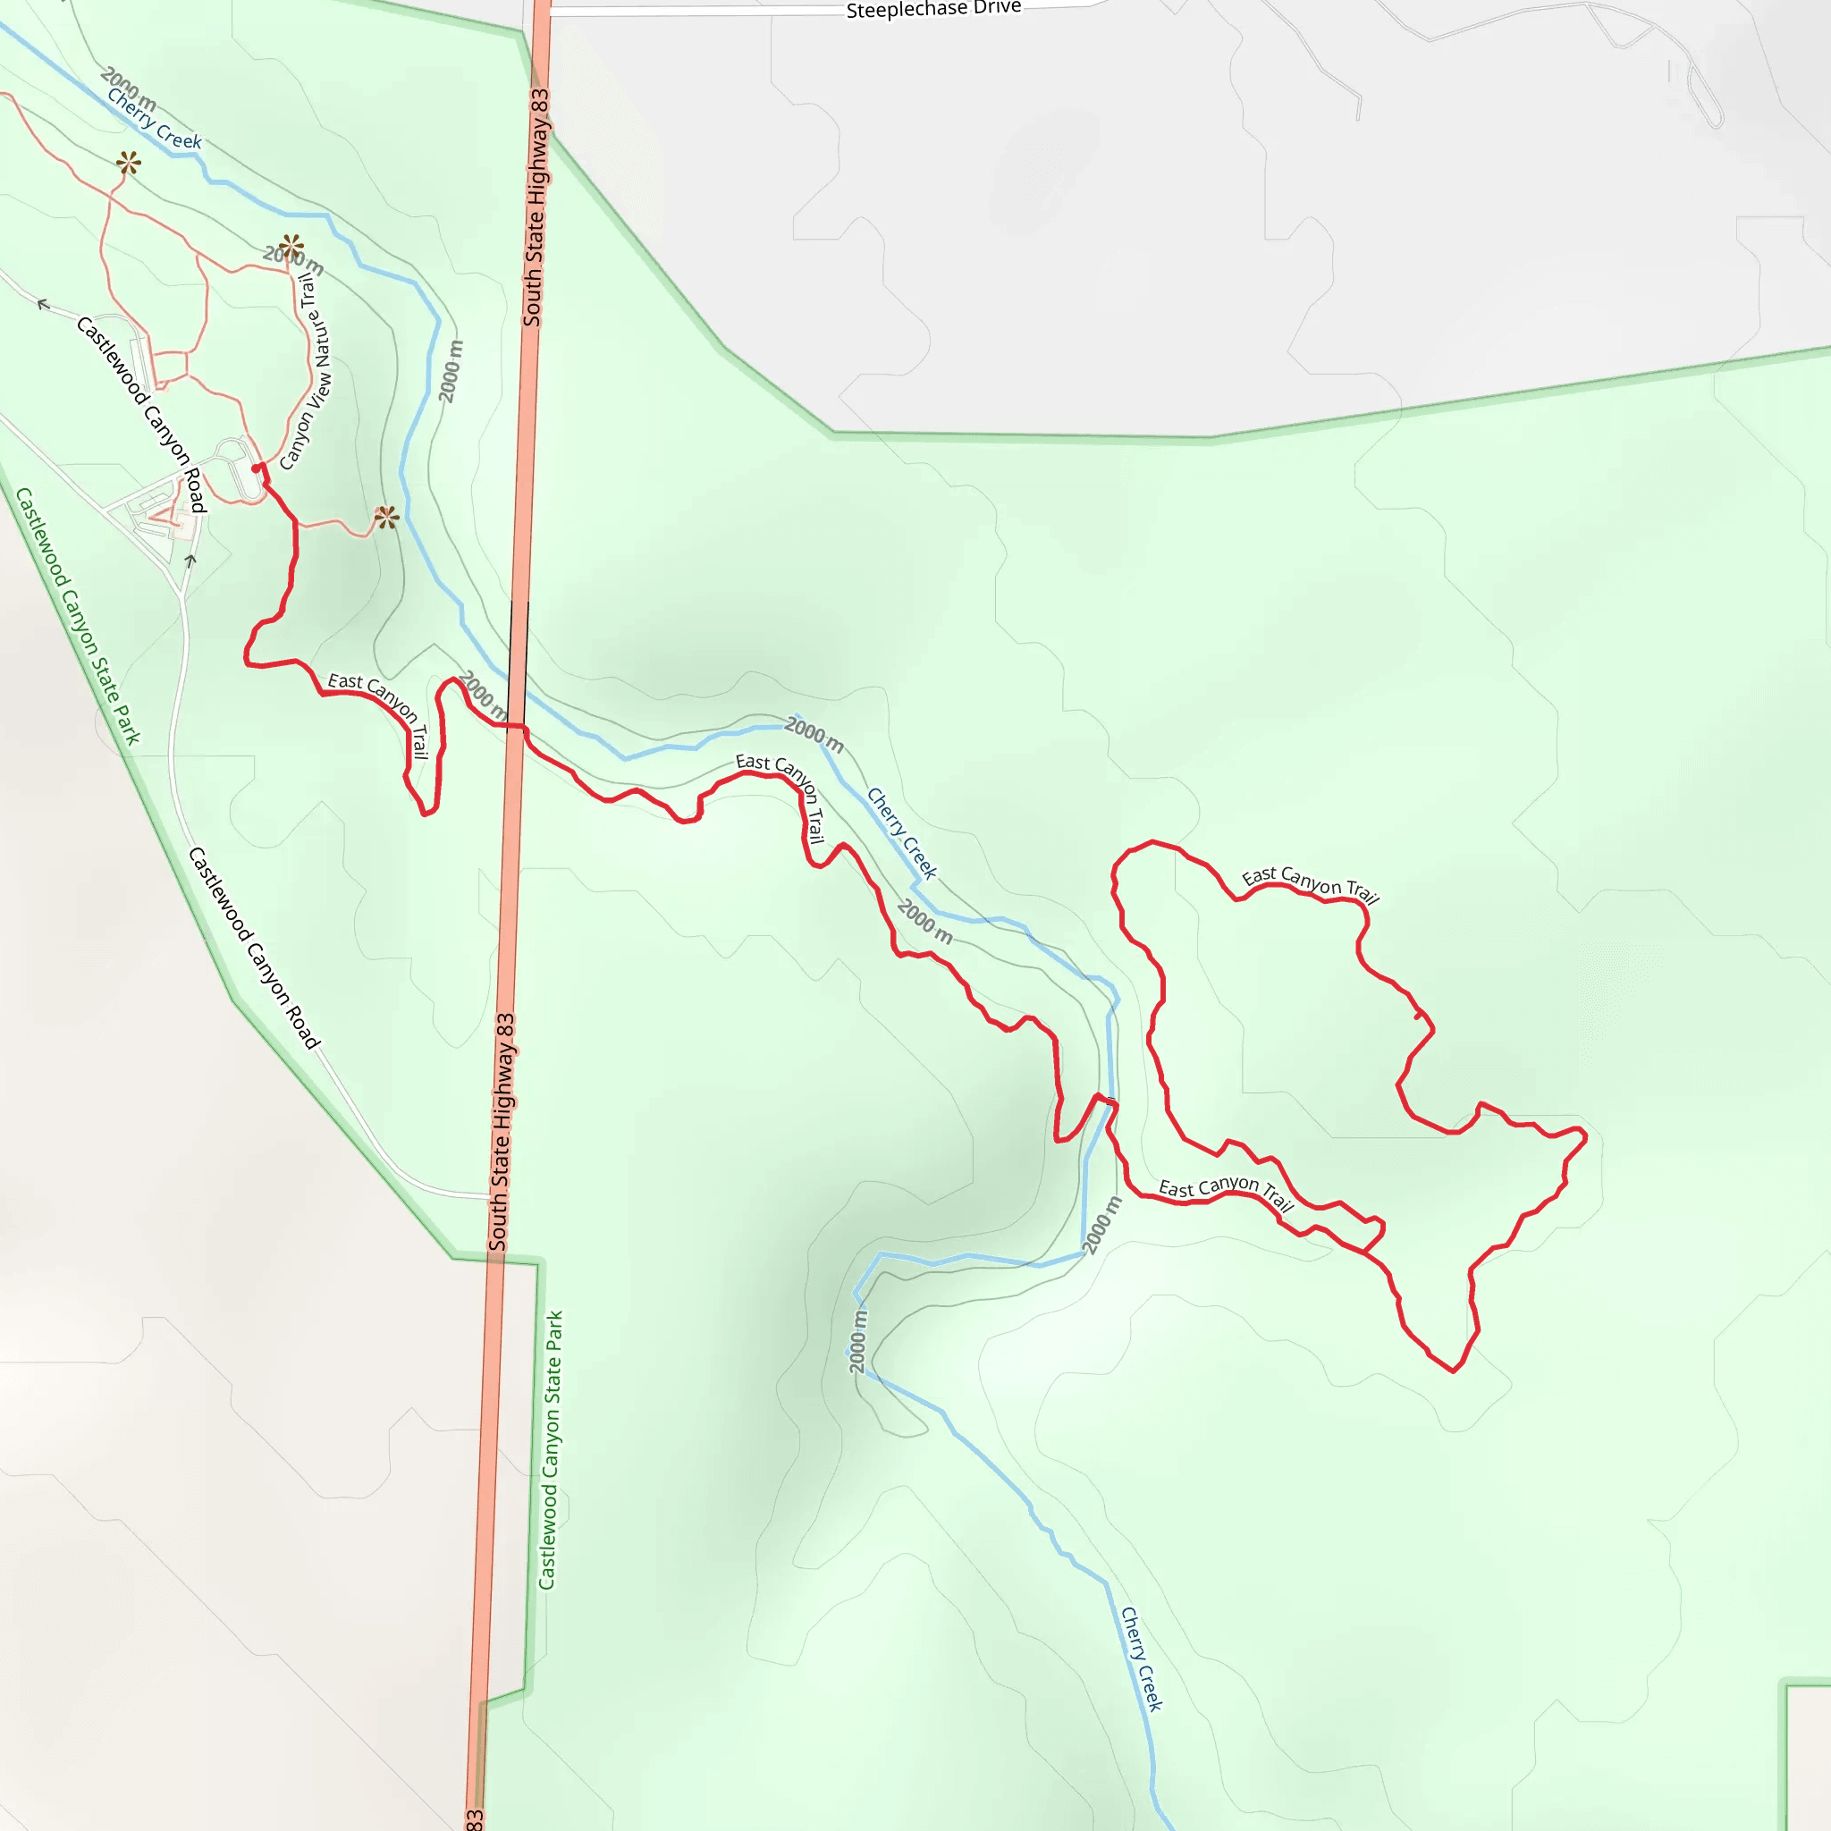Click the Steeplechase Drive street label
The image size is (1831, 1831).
tap(932, 10)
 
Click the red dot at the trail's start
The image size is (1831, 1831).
tap(256, 468)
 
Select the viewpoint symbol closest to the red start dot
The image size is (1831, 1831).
tap(385, 518)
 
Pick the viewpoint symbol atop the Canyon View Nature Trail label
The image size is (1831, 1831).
tap(291, 247)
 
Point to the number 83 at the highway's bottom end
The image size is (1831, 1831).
tap(474, 1818)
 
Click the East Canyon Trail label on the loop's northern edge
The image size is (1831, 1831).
tap(1310, 883)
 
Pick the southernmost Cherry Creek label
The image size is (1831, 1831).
tap(1141, 1658)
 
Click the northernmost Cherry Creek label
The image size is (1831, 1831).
tap(154, 120)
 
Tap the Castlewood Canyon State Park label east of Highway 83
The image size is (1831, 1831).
tap(551, 1450)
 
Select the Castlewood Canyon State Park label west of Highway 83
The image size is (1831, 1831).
tap(78, 616)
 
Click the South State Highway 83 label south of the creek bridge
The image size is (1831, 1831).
tap(502, 1132)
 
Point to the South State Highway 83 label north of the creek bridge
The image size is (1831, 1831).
tap(536, 207)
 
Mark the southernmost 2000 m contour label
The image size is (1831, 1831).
tap(858, 1340)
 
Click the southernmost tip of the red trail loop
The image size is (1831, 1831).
tap(1453, 1371)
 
